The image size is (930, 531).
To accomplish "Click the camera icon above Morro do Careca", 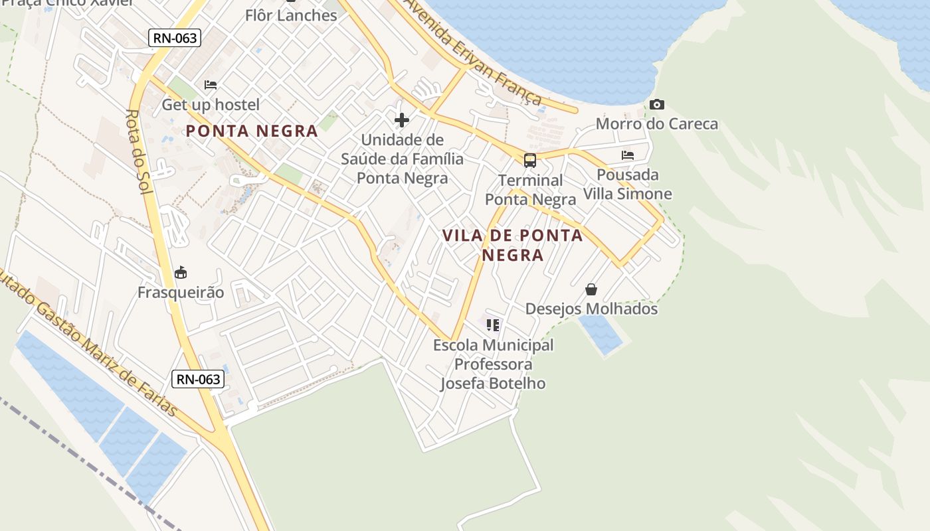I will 657,105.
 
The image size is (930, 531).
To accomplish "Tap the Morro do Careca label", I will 656,123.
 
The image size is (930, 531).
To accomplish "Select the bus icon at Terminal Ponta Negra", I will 530,160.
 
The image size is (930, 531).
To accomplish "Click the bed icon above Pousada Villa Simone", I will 628,155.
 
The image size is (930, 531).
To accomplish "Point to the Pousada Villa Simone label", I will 628,185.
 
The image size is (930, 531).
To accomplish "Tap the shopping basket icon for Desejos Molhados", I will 591,289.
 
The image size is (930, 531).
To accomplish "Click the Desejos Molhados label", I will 591,309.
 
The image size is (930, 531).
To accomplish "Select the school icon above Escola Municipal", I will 493,325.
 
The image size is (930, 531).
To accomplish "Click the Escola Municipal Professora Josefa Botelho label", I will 493,364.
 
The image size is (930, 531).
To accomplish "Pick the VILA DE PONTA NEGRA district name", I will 512,245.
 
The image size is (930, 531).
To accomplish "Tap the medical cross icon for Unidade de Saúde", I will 402,120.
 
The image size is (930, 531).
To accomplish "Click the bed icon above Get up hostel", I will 211,85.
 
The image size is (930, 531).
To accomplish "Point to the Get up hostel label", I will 211,105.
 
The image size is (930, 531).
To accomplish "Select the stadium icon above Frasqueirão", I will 181,273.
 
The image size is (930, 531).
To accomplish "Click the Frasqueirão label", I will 181,293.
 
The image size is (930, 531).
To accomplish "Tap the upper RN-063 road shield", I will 175,38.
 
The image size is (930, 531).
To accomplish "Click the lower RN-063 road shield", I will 198,379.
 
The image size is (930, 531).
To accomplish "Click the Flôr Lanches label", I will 291,15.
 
